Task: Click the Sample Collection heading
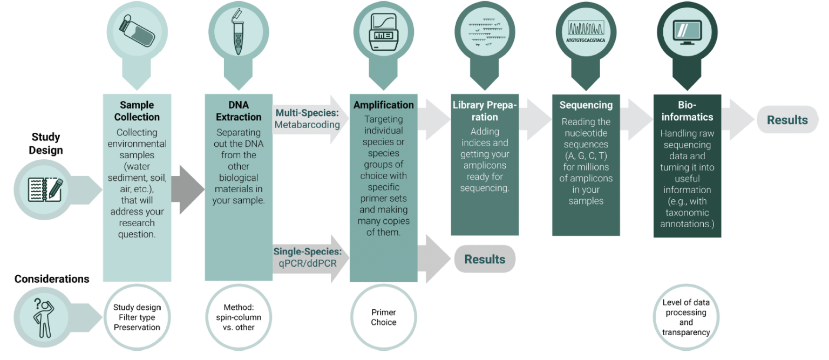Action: (137, 111)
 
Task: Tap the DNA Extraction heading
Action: (238, 111)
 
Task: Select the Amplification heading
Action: (383, 105)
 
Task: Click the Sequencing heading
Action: (586, 105)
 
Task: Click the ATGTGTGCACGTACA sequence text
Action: (586, 40)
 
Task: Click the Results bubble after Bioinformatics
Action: (787, 120)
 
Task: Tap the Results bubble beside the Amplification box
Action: (485, 259)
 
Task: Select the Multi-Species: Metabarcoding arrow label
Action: (308, 119)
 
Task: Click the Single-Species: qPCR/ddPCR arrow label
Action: (308, 257)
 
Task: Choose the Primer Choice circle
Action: (383, 317)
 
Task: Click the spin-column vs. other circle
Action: (238, 317)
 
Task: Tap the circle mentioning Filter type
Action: (137, 317)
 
